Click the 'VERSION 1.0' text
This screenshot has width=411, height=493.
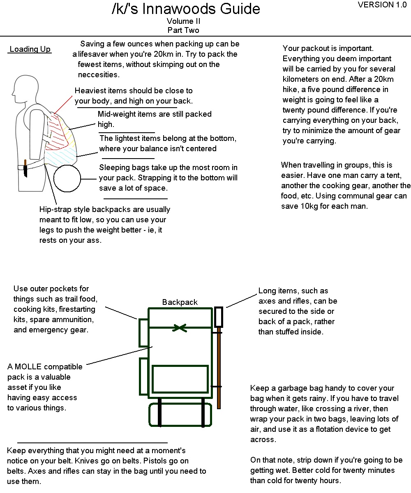tap(382, 5)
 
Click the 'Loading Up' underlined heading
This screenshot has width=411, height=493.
tap(30, 49)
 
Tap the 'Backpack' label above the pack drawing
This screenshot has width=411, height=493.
tap(180, 302)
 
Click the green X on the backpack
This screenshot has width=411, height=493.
tap(180, 328)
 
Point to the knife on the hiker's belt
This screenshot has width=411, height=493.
tap(25, 168)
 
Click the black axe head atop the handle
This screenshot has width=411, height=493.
tap(219, 317)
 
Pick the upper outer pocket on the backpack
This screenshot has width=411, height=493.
tap(143, 332)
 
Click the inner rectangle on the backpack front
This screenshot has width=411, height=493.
tap(180, 379)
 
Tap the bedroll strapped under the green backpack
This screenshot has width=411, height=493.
tap(180, 414)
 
